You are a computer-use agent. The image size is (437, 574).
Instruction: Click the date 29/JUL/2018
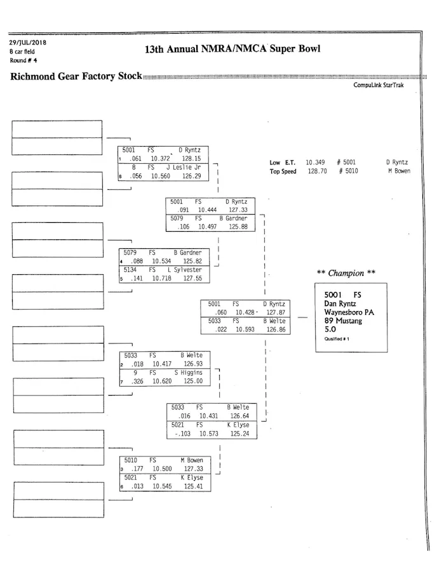(27, 43)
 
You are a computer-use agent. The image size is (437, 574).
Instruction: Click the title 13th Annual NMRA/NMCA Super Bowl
(232, 49)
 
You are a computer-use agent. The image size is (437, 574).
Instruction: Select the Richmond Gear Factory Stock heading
(76, 77)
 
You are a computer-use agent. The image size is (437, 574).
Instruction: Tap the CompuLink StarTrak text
(379, 85)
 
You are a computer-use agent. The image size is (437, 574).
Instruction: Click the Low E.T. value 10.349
(315, 163)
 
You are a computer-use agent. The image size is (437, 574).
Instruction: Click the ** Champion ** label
(346, 274)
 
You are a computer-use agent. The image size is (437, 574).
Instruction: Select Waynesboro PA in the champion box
(349, 312)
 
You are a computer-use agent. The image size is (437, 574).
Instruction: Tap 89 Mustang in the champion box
(343, 321)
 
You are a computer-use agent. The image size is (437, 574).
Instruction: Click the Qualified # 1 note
(333, 339)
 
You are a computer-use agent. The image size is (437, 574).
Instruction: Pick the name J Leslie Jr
(184, 168)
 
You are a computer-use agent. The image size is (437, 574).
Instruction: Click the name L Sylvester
(184, 270)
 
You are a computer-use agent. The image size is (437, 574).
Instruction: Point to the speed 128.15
(191, 159)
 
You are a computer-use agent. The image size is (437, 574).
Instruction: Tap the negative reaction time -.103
(182, 434)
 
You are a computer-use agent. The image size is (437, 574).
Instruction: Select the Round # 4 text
(24, 60)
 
